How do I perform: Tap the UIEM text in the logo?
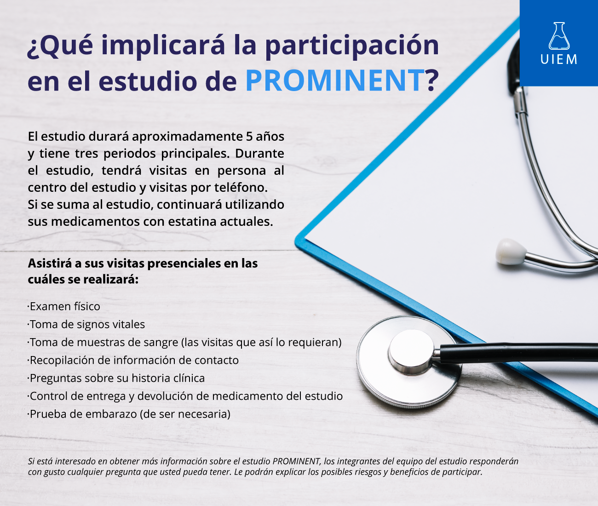click(x=558, y=59)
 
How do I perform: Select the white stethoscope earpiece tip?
click(x=511, y=252)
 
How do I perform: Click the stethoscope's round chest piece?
click(x=409, y=362)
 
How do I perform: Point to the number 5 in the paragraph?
click(x=249, y=137)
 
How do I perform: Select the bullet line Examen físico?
click(x=64, y=306)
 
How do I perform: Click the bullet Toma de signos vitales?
click(x=86, y=324)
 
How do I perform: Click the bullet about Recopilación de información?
click(x=133, y=361)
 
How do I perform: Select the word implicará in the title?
click(x=163, y=46)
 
